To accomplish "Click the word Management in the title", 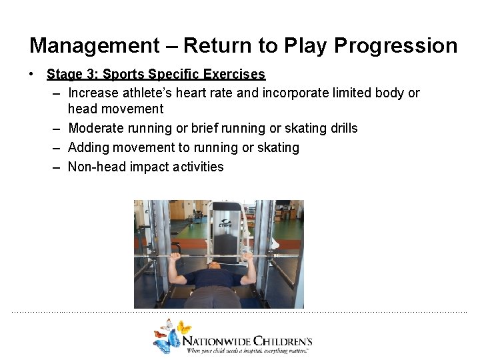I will pyautogui.click(x=94, y=46).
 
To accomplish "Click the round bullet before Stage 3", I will pyautogui.click(x=32, y=74).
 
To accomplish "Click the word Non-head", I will pyautogui.click(x=97, y=167).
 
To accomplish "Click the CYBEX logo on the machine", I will pyautogui.click(x=227, y=223).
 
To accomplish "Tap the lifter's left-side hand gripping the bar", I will pyautogui.click(x=176, y=257).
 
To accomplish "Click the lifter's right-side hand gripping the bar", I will pyautogui.click(x=247, y=257).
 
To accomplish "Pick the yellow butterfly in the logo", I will pyautogui.click(x=184, y=327).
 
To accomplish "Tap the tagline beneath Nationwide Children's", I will pyautogui.click(x=247, y=350).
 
